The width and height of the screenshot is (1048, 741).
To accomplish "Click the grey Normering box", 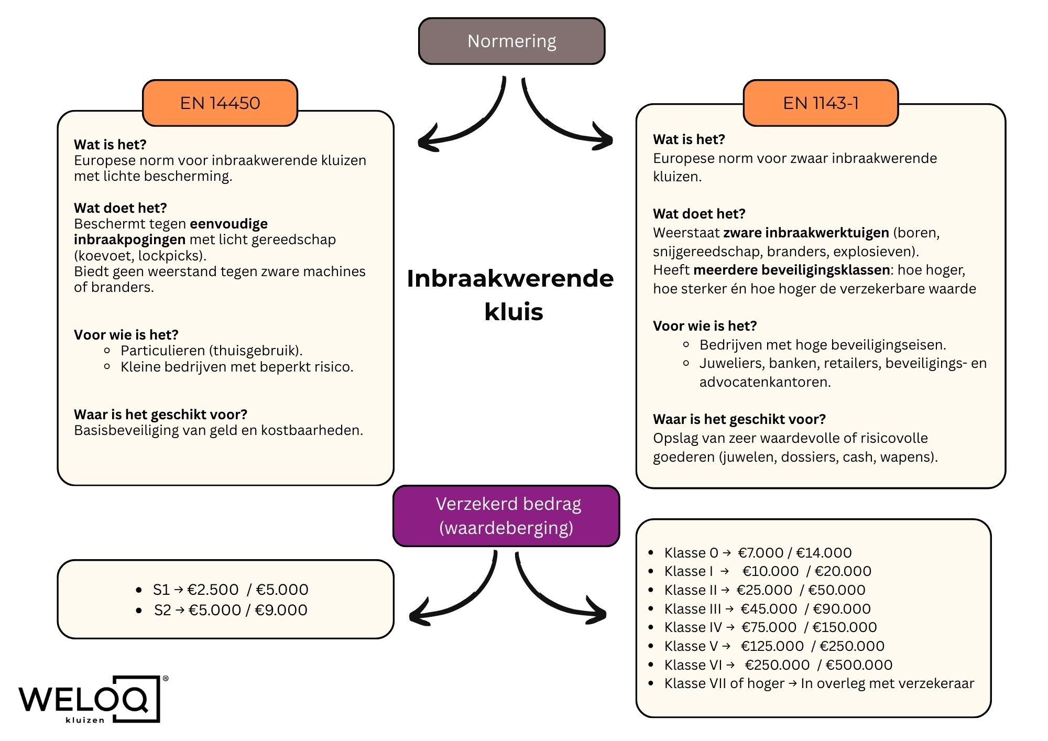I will pos(511,41).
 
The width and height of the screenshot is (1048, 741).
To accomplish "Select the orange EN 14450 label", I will pos(220,103).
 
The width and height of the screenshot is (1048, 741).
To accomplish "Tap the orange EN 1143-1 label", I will pos(821,103).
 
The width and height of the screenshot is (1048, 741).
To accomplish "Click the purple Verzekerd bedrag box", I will pos(506,516).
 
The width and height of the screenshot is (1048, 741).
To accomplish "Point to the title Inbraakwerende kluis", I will pos(511,295).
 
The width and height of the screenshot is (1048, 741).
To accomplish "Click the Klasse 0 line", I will pos(758,552).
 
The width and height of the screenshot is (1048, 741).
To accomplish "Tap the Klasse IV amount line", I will pos(770,627).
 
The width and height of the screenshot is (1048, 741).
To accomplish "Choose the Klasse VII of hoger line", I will pos(819,683).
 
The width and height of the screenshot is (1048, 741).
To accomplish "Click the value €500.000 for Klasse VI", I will pos(859,665).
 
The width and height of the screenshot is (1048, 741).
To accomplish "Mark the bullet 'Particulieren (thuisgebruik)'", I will pos(212,351).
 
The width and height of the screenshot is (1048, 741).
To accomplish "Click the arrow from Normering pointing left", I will pos(461,121).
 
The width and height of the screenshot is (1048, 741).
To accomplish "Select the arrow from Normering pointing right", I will pos(566,121).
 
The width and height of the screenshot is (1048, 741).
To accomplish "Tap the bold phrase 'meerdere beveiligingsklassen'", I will pos(791,270).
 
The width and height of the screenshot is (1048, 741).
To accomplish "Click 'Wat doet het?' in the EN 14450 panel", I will pos(121,208).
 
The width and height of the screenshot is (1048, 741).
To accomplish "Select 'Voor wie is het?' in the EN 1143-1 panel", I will pos(705,326).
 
